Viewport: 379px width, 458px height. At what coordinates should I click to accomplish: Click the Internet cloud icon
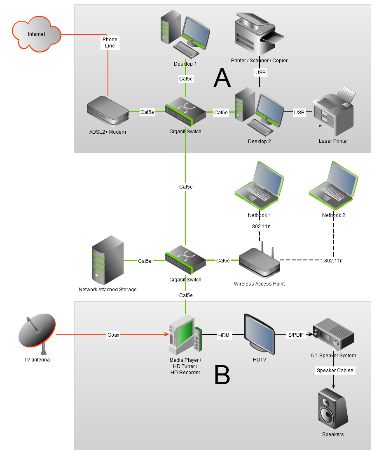(36, 35)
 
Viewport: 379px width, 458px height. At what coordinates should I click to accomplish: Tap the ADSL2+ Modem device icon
(108, 111)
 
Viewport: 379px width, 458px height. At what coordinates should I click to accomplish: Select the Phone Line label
(110, 42)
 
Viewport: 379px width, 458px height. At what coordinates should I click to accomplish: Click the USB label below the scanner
(260, 73)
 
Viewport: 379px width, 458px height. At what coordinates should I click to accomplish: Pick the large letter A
(222, 78)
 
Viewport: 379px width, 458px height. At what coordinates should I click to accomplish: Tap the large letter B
(222, 375)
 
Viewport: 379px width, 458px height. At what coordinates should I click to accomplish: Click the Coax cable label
(113, 335)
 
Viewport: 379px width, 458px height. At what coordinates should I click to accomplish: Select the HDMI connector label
(225, 336)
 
